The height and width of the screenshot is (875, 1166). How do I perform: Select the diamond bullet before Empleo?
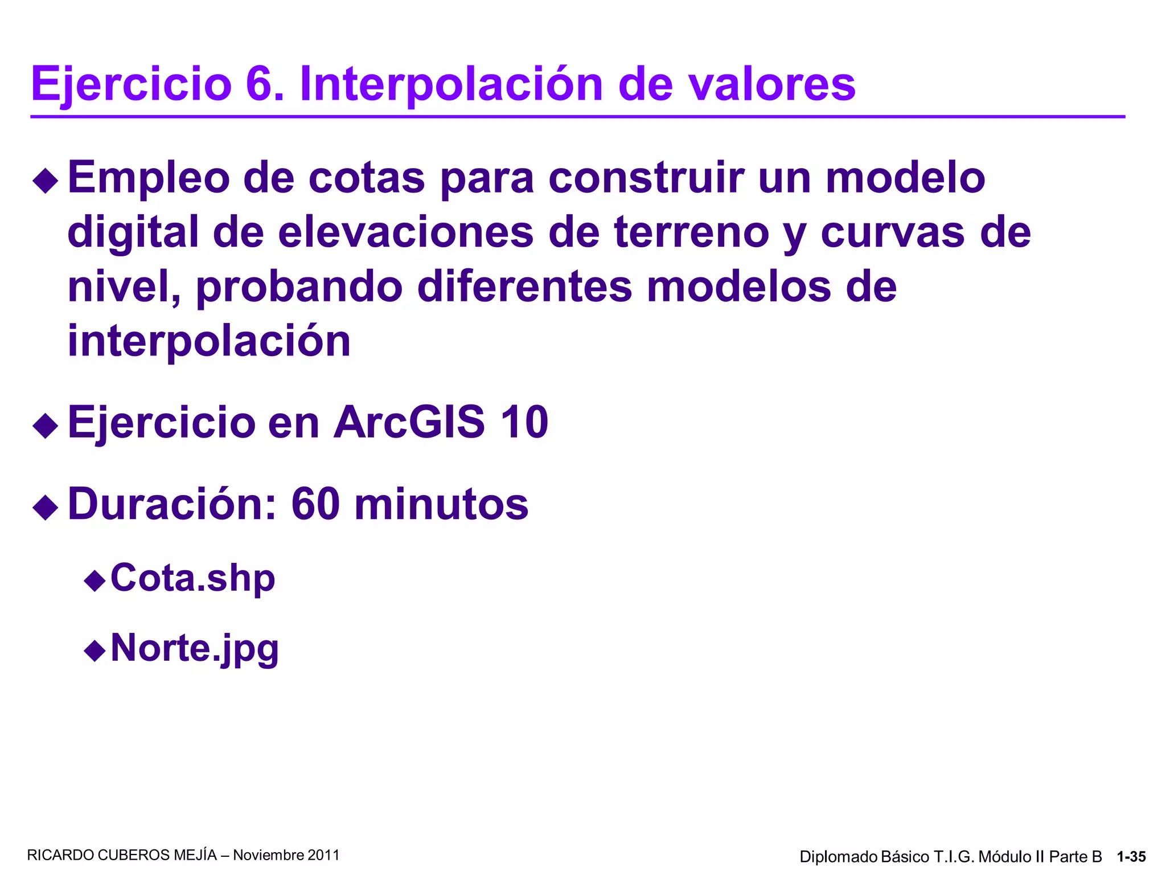tap(46, 181)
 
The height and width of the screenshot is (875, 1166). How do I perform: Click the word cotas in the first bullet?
tap(367, 178)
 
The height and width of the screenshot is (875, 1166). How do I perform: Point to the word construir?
tap(646, 178)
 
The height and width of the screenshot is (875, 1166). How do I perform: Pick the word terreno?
tap(692, 232)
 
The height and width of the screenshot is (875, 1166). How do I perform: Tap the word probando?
tap(299, 287)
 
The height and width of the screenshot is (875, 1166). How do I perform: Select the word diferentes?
tap(524, 287)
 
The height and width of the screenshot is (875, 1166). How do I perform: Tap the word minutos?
tap(441, 504)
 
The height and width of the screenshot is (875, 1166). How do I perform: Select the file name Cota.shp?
tap(192, 578)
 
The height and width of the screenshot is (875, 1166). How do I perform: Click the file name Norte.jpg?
tap(194, 648)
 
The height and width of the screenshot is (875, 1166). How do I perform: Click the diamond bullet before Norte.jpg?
tap(95, 651)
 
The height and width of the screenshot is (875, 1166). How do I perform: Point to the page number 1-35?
tap(1131, 857)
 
